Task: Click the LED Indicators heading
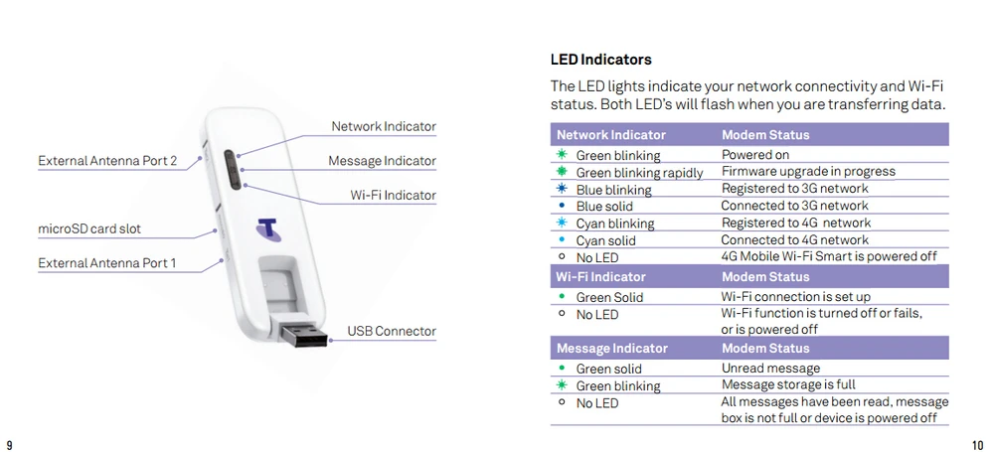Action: click(x=600, y=60)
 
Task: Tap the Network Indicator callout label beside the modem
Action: click(x=383, y=127)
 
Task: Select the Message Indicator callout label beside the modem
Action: click(x=382, y=161)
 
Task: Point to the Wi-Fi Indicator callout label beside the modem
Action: click(x=393, y=196)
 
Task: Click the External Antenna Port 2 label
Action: click(x=107, y=161)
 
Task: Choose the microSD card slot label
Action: click(x=89, y=229)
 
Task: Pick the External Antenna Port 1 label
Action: click(x=107, y=263)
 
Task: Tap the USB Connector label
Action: click(x=392, y=331)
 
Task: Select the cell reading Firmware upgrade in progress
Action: click(x=794, y=172)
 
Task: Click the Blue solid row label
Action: click(x=605, y=207)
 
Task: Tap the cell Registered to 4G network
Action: click(x=795, y=223)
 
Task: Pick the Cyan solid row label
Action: click(x=605, y=240)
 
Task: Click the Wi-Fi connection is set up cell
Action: click(x=795, y=297)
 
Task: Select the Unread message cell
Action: click(x=770, y=369)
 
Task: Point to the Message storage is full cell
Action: click(x=788, y=385)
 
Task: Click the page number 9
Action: click(x=9, y=443)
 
